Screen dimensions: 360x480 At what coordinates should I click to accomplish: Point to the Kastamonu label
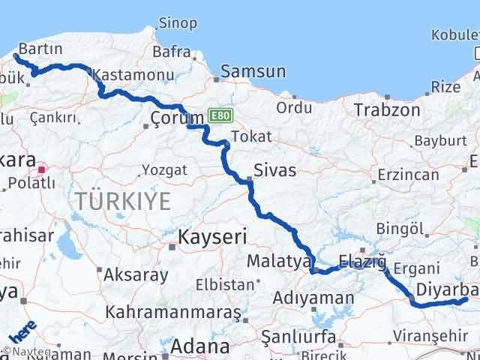click(133, 75)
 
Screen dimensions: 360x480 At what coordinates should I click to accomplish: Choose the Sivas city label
click(275, 170)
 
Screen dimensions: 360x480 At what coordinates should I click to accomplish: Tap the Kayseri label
click(212, 238)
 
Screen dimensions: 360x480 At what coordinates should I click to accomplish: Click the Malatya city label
click(279, 262)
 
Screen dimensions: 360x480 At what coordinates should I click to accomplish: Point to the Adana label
click(199, 346)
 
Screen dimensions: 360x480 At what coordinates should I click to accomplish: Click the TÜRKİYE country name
click(122, 200)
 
